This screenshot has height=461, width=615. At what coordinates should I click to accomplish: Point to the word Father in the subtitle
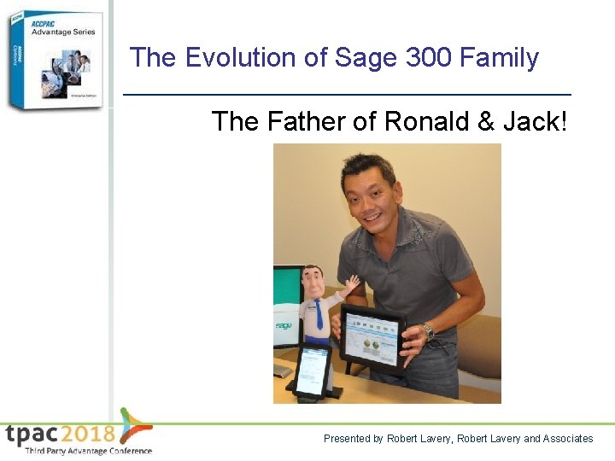point(305,122)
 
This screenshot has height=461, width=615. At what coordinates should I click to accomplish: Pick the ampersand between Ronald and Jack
point(485,122)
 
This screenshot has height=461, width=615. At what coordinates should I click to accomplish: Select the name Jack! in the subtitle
point(534,122)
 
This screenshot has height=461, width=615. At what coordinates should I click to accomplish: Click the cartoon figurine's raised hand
point(350,283)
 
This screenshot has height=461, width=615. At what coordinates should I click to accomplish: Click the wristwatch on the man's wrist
point(428,331)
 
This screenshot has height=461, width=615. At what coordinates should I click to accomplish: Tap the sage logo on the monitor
point(284,325)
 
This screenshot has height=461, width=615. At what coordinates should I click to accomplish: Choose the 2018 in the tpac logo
point(87,433)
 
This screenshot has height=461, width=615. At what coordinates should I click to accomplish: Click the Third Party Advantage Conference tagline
point(88,451)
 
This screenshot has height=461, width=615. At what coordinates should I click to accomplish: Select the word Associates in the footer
point(568,439)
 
